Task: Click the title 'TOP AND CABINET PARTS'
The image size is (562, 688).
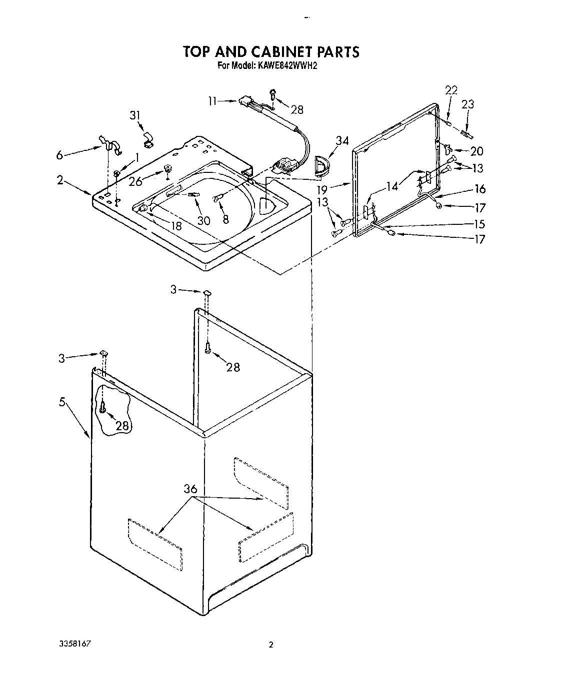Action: pyautogui.click(x=270, y=51)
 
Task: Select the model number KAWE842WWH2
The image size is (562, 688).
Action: pyautogui.click(x=287, y=65)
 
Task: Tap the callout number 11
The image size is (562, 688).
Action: pyautogui.click(x=213, y=101)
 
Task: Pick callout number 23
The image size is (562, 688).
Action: pyautogui.click(x=467, y=104)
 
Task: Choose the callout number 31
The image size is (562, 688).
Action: pyautogui.click(x=134, y=115)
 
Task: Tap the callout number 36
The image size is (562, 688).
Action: pyautogui.click(x=190, y=489)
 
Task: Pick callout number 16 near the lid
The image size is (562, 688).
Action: pyautogui.click(x=480, y=189)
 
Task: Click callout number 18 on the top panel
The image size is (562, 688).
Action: pyautogui.click(x=176, y=226)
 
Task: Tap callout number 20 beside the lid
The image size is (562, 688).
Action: pyautogui.click(x=476, y=151)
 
